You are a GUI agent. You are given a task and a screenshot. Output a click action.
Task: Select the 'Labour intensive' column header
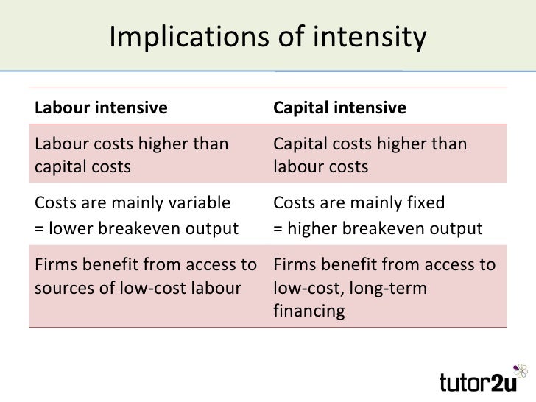click(x=100, y=108)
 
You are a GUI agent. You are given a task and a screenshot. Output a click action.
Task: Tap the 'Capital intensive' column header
click(x=339, y=108)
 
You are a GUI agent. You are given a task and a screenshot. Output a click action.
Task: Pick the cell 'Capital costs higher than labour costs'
click(x=370, y=155)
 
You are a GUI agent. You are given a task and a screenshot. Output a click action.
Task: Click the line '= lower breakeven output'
click(x=136, y=228)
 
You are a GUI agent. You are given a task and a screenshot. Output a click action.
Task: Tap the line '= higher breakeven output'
click(x=378, y=228)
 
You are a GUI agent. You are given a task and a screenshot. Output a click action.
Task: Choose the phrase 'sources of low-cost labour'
click(x=137, y=286)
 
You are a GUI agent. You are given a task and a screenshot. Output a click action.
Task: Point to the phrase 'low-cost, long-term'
click(x=348, y=286)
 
